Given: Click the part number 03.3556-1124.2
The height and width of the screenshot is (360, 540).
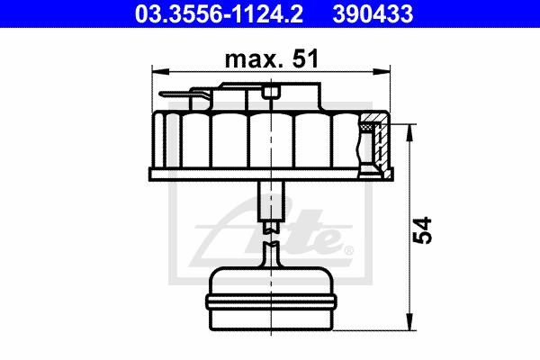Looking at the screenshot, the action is [x=219, y=13].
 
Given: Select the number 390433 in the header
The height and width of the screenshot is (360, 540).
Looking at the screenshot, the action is [x=373, y=13].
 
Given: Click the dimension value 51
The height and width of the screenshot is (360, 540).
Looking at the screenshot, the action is [x=305, y=58].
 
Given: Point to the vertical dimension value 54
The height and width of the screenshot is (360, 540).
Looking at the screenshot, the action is [x=422, y=230].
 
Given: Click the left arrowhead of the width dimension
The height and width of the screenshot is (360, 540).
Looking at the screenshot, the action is [x=160, y=72].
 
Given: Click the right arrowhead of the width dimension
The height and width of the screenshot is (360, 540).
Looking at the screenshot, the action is [x=382, y=72].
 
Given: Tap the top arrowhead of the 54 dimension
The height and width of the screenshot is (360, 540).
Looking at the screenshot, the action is [x=409, y=133].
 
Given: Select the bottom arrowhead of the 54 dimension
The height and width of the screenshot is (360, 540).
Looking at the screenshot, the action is [x=409, y=322].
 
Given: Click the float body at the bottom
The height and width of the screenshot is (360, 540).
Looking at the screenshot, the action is [x=271, y=299].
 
